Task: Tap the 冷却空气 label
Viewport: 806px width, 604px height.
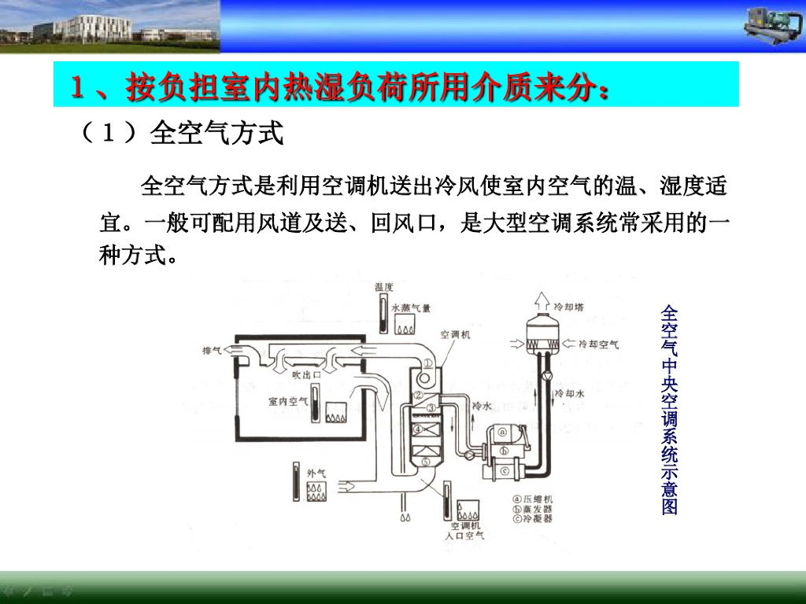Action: point(598,344)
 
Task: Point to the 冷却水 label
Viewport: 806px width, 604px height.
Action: point(569,392)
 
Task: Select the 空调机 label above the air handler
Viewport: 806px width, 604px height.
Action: point(455,334)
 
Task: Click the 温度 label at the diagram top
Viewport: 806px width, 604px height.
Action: point(384,288)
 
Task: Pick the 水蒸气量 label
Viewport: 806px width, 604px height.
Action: point(411,308)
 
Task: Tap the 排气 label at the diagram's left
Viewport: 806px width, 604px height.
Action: point(213,350)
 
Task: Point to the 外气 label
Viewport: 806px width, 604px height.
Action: point(316,473)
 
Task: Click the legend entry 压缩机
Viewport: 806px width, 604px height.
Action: point(538,499)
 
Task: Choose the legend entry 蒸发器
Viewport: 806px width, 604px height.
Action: point(538,509)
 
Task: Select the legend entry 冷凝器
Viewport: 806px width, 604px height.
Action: point(538,519)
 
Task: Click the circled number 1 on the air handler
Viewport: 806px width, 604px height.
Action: point(426,363)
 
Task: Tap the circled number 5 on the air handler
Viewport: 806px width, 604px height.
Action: point(425,462)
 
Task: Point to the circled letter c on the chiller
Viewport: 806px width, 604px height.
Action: point(504,470)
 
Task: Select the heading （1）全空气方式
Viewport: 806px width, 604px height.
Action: point(182,133)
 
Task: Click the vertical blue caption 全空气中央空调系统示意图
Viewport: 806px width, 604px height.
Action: point(670,409)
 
